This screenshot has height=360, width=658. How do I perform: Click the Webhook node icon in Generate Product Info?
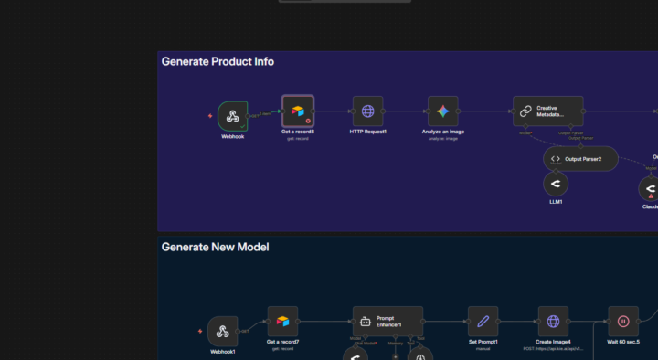tap(233, 116)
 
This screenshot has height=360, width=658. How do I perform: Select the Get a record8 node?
tap(298, 111)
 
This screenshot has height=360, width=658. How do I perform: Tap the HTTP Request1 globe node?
tap(368, 111)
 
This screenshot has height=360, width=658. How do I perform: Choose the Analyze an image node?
tap(443, 111)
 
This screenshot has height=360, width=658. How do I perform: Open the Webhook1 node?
tap(223, 332)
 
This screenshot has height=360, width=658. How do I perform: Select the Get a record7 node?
tap(283, 322)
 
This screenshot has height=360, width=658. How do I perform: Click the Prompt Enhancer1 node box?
tap(387, 322)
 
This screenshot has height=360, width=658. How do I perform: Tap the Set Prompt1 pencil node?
tap(483, 322)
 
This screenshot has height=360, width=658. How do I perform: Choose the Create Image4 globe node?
tap(553, 322)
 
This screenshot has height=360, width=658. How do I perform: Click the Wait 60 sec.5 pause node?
tap(623, 322)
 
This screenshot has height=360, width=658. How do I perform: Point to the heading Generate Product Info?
tap(218, 62)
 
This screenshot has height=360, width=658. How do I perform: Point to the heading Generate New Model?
tap(215, 247)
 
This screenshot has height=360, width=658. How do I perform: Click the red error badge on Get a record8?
tap(309, 121)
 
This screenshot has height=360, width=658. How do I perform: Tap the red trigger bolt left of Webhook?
tap(210, 116)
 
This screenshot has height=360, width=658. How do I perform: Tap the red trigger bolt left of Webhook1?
tap(200, 332)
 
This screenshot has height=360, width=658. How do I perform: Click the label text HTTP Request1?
tap(368, 132)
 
